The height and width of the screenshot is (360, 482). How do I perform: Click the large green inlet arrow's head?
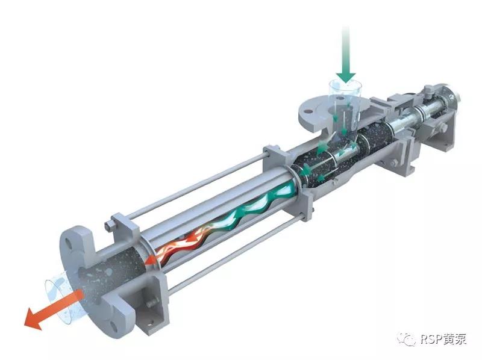click(345, 77)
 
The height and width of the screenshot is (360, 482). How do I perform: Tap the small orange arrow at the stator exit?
click(151, 260)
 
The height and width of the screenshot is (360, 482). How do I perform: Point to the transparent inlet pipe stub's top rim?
click(345, 84)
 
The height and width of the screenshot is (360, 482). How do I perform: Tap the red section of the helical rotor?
click(181, 243)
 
